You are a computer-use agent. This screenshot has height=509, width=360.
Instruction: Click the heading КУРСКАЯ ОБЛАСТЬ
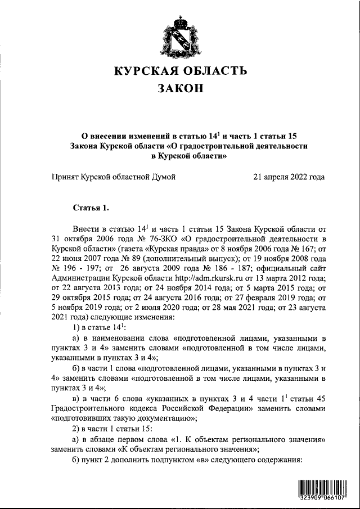click(181, 71)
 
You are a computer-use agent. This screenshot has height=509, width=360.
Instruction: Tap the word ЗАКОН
click(180, 90)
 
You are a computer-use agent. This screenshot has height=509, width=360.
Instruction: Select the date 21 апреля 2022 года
click(289, 177)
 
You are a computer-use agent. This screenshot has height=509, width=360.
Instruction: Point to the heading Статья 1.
click(91, 209)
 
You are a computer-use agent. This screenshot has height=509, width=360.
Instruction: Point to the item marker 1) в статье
click(96, 327)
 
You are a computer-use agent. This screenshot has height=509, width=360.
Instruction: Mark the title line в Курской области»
click(180, 157)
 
